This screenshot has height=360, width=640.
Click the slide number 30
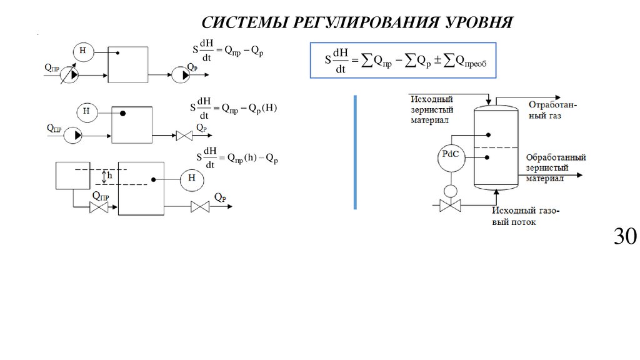[x=624, y=237]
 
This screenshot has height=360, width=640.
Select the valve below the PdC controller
[x=449, y=205]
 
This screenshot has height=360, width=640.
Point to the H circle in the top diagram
[x=82, y=50]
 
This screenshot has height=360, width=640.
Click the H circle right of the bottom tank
[x=192, y=180]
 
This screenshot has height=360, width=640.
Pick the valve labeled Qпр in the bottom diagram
[x=99, y=208]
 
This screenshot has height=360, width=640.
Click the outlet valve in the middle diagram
[x=185, y=135]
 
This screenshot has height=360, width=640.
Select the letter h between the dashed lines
[x=109, y=176]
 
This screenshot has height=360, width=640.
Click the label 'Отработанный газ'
[x=553, y=110]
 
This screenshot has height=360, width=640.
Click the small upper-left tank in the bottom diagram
[x=73, y=175]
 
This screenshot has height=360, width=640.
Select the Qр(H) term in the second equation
[x=262, y=107]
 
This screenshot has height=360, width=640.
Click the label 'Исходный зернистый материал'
[x=432, y=109]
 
